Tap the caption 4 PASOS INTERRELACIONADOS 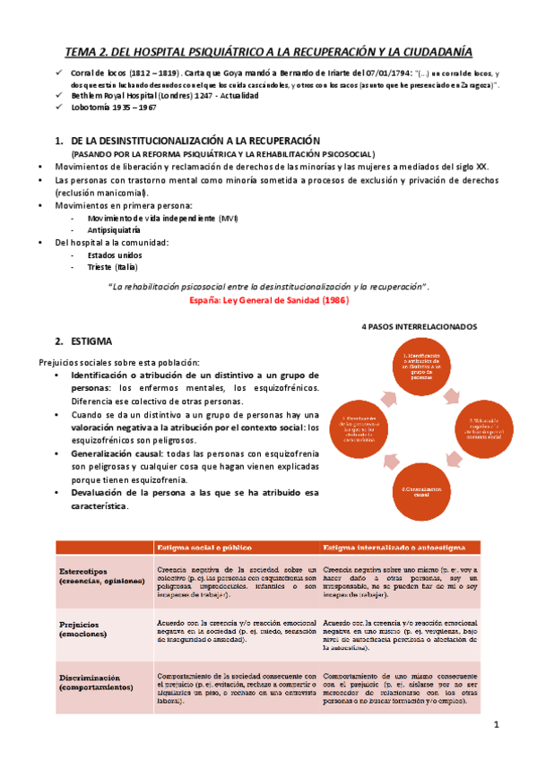click(x=420, y=326)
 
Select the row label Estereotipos click(x=87, y=571)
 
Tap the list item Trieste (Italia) click(x=113, y=266)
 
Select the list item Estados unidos click(x=115, y=255)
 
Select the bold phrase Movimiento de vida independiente click(x=152, y=218)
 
